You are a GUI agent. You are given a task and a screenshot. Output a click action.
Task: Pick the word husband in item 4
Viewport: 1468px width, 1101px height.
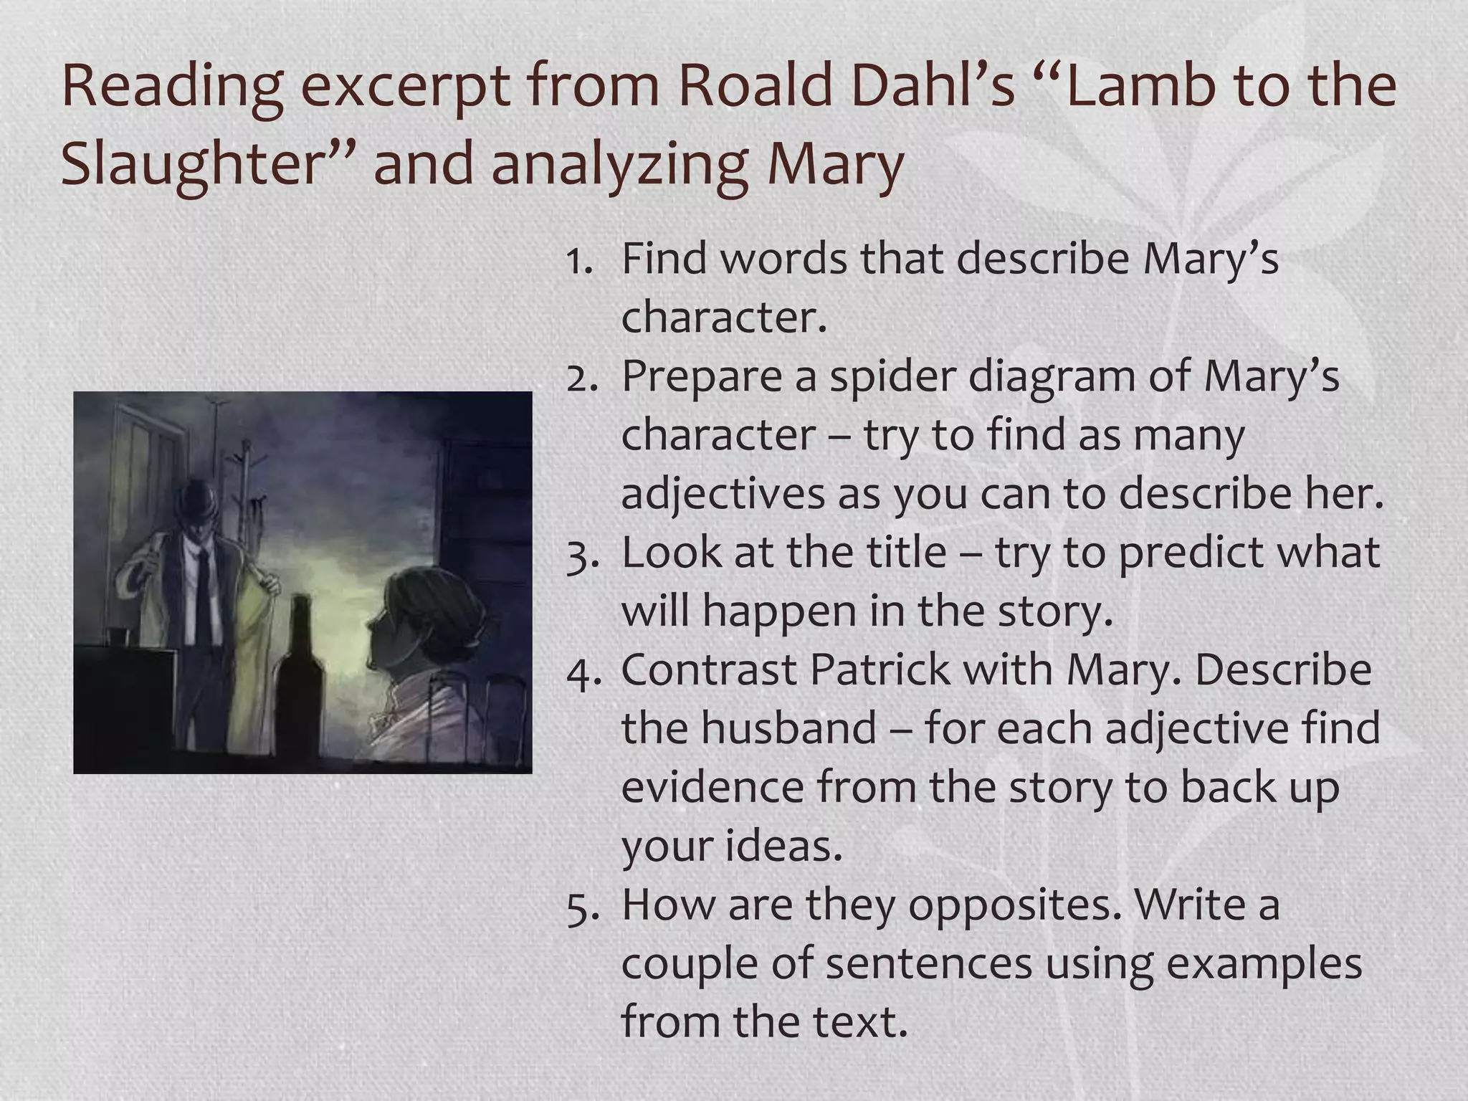[x=788, y=729]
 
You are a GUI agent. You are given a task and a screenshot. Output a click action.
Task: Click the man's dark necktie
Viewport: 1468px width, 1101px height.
[x=204, y=595]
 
